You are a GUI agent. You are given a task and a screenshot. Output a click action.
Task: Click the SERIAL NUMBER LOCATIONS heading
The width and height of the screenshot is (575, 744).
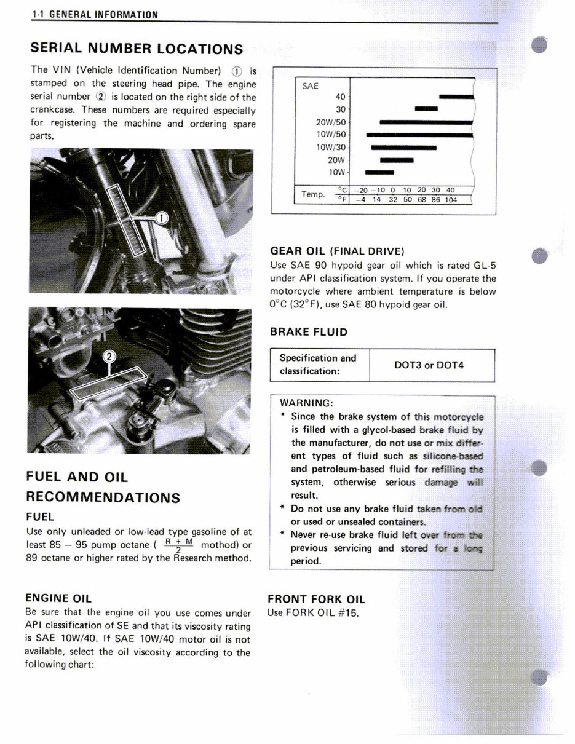point(137,49)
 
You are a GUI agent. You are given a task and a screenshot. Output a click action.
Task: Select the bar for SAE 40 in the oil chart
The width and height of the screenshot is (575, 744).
point(456,97)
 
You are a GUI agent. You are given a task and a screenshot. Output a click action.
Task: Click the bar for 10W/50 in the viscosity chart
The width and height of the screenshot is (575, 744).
point(419,135)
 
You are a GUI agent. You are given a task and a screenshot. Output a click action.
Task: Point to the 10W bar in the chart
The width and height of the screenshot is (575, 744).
point(379,172)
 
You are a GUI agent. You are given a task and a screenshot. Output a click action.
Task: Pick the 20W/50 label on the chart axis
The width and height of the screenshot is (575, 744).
point(331,122)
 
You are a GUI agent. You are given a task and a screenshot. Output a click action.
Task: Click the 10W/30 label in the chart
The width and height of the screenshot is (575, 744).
point(331,147)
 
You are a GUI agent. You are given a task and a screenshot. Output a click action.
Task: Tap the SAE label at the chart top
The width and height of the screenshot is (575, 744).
point(311,86)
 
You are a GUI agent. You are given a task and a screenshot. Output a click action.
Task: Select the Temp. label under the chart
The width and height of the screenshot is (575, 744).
point(313,194)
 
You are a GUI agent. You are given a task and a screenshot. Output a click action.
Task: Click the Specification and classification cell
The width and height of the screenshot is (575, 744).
point(318,365)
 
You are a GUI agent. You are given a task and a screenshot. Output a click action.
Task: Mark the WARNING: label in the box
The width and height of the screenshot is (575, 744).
point(306,403)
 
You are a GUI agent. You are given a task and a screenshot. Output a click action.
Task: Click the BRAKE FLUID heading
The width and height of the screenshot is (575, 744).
point(309,332)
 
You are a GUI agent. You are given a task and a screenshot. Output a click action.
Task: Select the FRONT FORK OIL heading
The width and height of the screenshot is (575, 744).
point(316,600)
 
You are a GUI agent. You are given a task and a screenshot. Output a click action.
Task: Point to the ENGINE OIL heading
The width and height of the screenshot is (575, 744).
point(58,598)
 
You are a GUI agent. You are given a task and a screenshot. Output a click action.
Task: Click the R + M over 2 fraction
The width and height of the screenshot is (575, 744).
point(179,545)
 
